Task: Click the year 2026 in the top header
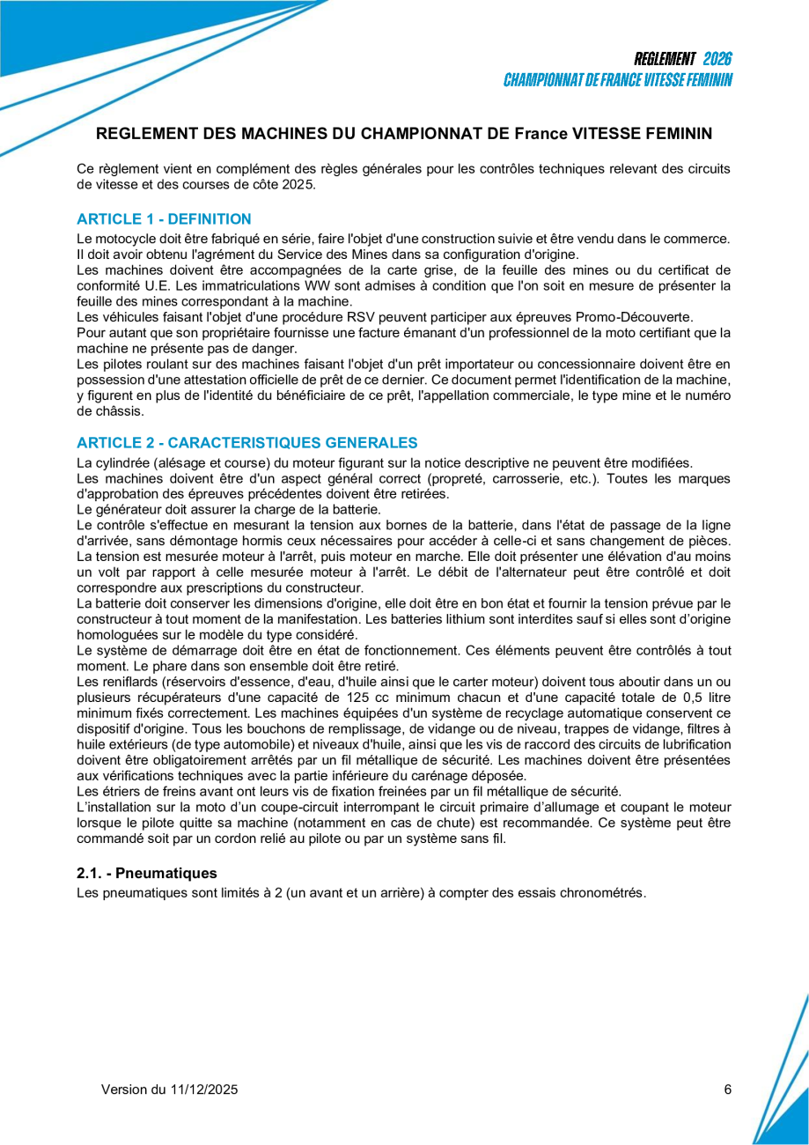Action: tap(717, 59)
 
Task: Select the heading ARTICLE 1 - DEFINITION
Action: tap(164, 219)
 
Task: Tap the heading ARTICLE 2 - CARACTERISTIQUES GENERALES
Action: tap(247, 442)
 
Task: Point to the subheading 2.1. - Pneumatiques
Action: tap(146, 874)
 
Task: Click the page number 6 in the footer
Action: tap(727, 1090)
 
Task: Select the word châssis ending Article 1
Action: tap(121, 411)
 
